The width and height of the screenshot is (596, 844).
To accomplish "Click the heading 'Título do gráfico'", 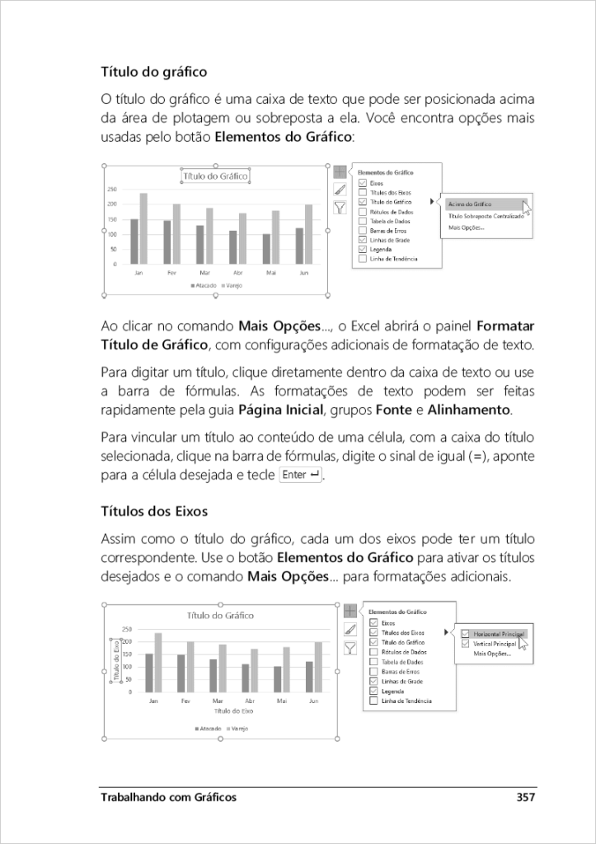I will [153, 73].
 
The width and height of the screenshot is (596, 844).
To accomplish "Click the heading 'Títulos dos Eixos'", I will [153, 511].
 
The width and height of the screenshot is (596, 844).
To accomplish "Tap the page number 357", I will [526, 797].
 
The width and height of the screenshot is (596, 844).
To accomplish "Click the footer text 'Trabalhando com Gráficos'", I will [168, 797].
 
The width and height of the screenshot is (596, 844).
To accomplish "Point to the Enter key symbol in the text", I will [300, 476].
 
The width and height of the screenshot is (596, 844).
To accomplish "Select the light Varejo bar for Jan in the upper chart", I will [143, 228].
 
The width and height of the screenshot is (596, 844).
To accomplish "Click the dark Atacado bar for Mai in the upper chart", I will [266, 249].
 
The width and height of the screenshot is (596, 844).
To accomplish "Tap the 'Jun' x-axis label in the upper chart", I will [303, 272].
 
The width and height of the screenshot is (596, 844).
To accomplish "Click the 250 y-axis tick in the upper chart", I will [112, 189].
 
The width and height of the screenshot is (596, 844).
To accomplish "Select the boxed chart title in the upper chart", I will [214, 176].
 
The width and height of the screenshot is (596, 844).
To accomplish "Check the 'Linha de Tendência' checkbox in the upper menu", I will [363, 258].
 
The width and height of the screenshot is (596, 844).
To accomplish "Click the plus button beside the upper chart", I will [340, 172].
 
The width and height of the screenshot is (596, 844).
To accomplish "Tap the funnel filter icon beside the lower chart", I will [350, 649].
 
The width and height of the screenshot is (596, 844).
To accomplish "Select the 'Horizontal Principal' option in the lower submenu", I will [494, 633].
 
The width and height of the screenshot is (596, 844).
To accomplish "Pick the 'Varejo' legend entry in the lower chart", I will [238, 729].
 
